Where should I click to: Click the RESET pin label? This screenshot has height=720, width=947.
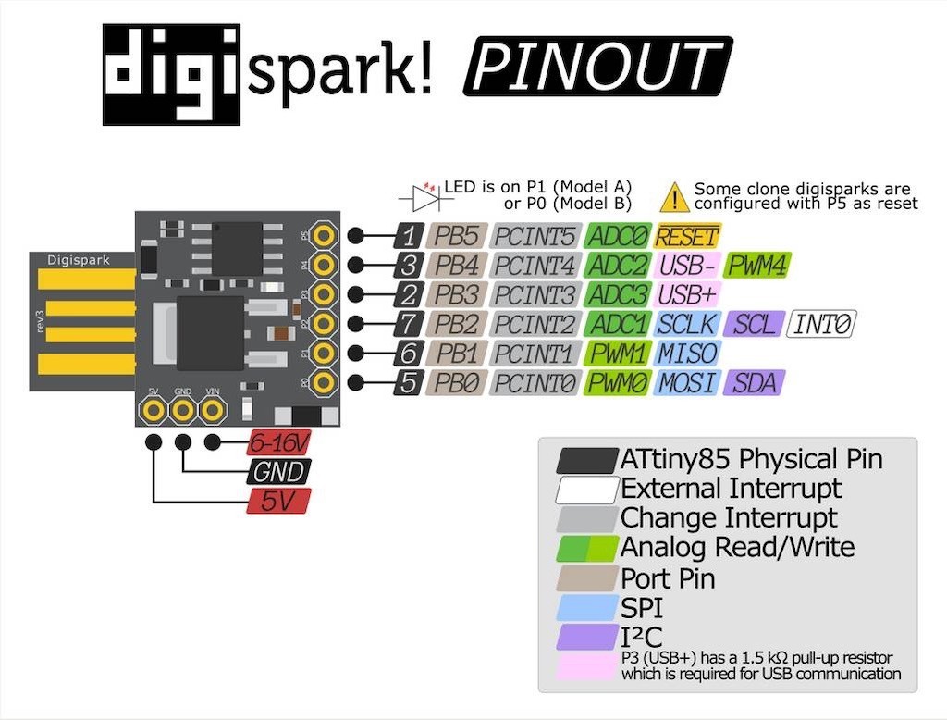pos(686,236)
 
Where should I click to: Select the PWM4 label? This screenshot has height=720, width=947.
pos(757,266)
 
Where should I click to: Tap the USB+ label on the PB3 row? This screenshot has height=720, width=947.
pos(686,295)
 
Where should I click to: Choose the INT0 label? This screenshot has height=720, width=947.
pos(821,324)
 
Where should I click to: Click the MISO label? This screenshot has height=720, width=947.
pos(686,354)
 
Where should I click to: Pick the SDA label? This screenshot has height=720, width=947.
pos(755,382)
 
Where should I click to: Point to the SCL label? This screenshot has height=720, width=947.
pos(753,324)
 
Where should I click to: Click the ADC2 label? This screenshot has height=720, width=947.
pos(618,266)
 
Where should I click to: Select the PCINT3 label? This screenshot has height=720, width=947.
pos(536,295)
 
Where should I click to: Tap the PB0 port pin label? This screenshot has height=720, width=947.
pos(457,382)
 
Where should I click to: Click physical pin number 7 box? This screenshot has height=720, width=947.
pos(409,324)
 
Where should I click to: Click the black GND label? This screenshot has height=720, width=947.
pos(278,472)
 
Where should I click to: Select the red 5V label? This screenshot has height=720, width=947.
pos(278,502)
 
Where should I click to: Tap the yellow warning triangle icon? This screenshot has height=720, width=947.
pos(675,197)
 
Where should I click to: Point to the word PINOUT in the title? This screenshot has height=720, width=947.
pos(596,68)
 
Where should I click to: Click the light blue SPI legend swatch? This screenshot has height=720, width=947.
pos(586,608)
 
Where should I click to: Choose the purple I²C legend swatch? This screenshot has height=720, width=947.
pos(586,638)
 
